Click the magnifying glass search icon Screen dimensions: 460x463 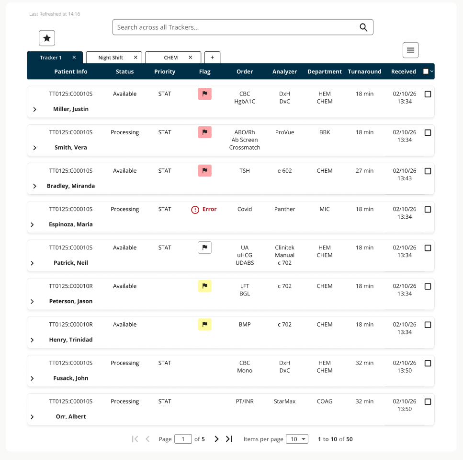(x=363, y=27)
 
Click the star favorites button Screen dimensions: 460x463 (x=47, y=38)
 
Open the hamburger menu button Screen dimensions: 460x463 (x=410, y=50)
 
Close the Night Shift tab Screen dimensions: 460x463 (x=136, y=58)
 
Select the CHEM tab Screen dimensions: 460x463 (x=171, y=58)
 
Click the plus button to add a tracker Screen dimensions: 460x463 (x=212, y=58)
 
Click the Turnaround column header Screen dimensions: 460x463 (x=364, y=71)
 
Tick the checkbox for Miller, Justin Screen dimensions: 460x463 (x=428, y=94)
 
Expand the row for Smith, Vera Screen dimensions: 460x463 (x=35, y=148)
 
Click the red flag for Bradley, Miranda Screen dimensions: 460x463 (x=204, y=171)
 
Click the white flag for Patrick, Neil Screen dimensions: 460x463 (x=204, y=248)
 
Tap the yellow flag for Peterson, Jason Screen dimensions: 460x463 (x=204, y=286)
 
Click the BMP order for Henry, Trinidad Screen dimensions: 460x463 (x=245, y=325)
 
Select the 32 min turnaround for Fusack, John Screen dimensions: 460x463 (x=364, y=363)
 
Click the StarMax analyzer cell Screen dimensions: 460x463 (x=284, y=401)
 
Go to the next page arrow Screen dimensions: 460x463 (x=216, y=439)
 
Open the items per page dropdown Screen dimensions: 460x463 (x=297, y=439)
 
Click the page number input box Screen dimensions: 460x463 (x=183, y=439)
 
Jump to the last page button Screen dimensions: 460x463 (x=229, y=439)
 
